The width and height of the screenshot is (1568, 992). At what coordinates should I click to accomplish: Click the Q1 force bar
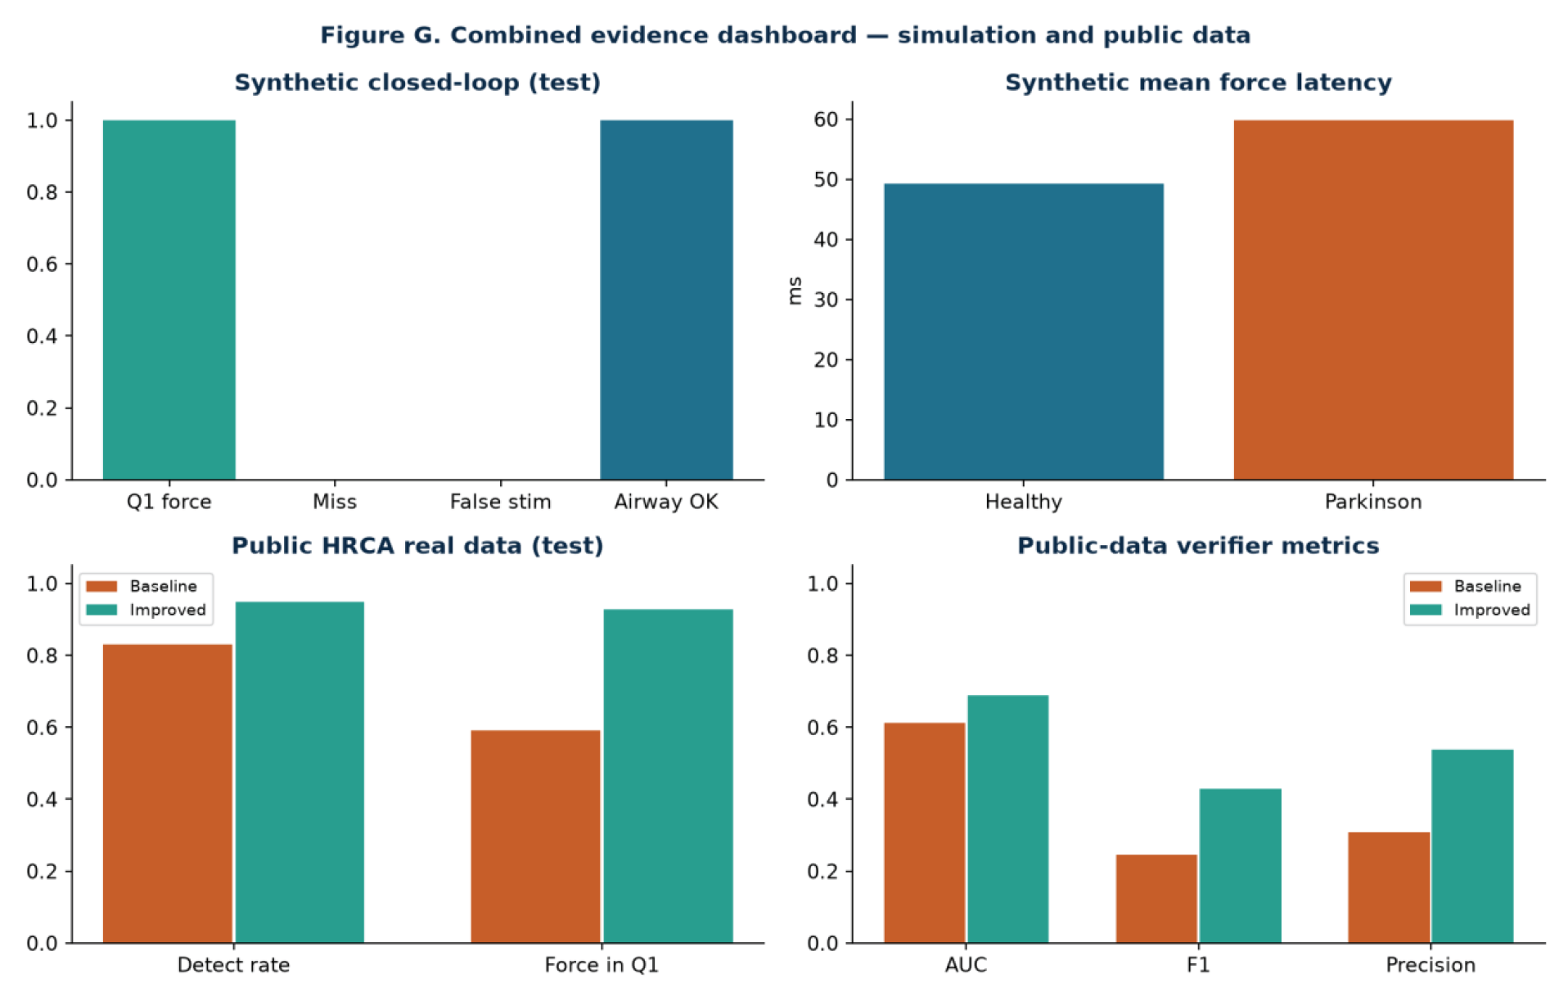coord(169,300)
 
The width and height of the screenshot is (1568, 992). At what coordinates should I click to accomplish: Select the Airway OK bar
coord(666,300)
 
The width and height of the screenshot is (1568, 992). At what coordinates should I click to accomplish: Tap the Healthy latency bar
coord(1023,331)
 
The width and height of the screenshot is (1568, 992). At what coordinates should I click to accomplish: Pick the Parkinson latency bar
coord(1373,300)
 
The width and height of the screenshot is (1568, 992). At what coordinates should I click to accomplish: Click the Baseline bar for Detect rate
coord(168,793)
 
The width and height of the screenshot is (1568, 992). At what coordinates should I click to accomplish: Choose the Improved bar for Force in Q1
coord(668,776)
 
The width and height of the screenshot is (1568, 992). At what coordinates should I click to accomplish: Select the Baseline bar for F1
coord(1156,899)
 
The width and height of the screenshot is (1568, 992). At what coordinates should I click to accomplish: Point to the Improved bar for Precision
coord(1472,846)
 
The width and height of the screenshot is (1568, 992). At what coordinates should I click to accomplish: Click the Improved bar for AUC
coord(1007,818)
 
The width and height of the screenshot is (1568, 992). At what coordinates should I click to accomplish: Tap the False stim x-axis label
coord(500,502)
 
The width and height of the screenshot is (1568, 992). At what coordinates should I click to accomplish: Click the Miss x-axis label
coord(335,502)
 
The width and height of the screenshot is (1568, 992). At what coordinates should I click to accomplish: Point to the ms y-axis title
coord(794,291)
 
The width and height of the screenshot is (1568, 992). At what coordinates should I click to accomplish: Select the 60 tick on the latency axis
coord(826,119)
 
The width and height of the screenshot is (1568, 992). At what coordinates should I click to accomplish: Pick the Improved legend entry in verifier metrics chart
coord(1470,610)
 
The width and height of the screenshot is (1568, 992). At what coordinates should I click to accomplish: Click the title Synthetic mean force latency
coord(1198,83)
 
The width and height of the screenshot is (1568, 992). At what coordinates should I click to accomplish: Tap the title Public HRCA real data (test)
coord(417,546)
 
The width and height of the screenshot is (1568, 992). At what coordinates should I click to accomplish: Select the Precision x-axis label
coord(1431,965)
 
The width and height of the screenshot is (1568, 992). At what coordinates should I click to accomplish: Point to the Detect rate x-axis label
coord(233,965)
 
